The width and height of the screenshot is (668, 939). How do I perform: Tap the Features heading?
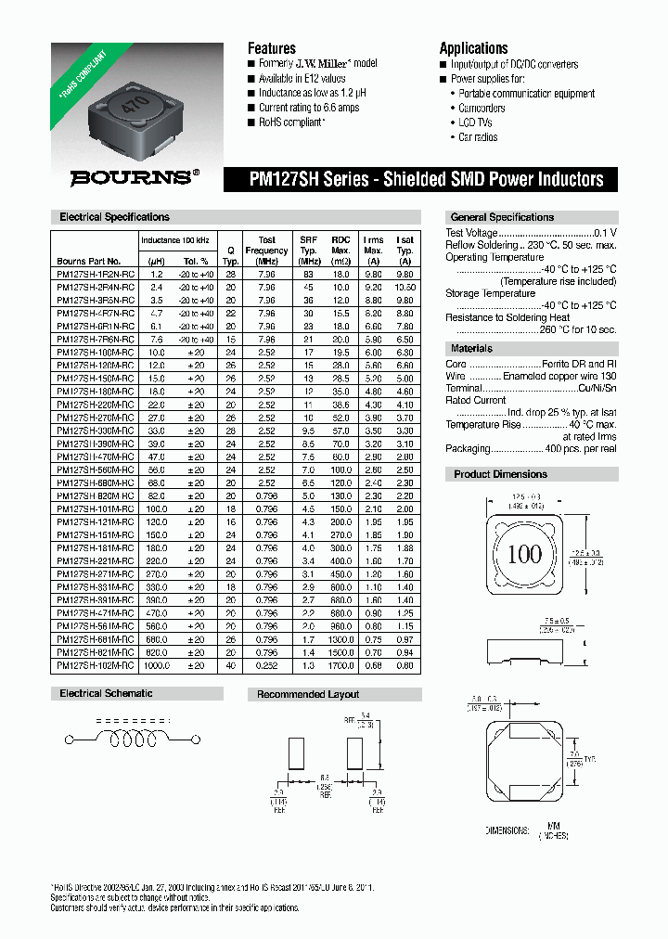pyautogui.click(x=271, y=48)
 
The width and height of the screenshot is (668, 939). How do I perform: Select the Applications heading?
pyautogui.click(x=473, y=48)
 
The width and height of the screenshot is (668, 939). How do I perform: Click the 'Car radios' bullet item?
pyautogui.click(x=478, y=137)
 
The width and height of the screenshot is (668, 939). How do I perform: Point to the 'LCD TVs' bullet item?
pyautogui.click(x=476, y=122)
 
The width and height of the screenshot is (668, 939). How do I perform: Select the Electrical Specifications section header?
pyautogui.click(x=114, y=217)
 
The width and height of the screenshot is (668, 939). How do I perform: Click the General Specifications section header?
pyautogui.click(x=502, y=217)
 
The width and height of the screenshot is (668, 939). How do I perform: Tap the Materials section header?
pyautogui.click(x=471, y=349)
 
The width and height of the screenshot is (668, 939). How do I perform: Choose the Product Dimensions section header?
pyautogui.click(x=500, y=474)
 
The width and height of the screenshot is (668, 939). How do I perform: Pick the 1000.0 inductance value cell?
pyautogui.click(x=157, y=665)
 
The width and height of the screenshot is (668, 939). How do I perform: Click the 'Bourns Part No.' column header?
pyautogui.click(x=88, y=262)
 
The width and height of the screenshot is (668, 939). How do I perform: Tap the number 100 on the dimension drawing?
pyautogui.click(x=524, y=555)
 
